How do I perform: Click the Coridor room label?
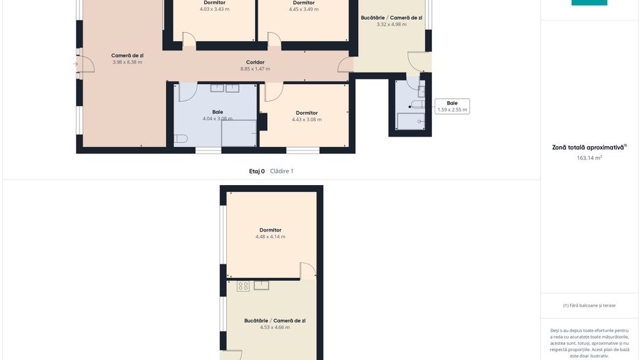[255, 62]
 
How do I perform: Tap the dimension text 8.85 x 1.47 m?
[255, 68]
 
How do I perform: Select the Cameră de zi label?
[127, 55]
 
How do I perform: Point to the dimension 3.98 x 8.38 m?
[127, 62]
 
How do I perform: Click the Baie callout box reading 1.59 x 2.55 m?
[452, 107]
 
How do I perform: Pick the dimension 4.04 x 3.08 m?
[217, 118]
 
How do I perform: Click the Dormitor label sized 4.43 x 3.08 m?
[307, 113]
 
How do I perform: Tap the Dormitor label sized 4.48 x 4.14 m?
[270, 230]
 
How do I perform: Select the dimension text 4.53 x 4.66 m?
[275, 327]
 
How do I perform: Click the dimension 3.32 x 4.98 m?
[392, 24]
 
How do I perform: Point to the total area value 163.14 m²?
[589, 158]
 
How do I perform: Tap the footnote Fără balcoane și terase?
[589, 305]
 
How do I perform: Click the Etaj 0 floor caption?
[257, 171]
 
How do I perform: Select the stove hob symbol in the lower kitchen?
[243, 286]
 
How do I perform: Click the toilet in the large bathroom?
[180, 139]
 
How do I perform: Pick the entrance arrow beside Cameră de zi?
[75, 64]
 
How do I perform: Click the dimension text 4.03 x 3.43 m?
[215, 9]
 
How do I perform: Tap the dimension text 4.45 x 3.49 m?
[303, 9]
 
